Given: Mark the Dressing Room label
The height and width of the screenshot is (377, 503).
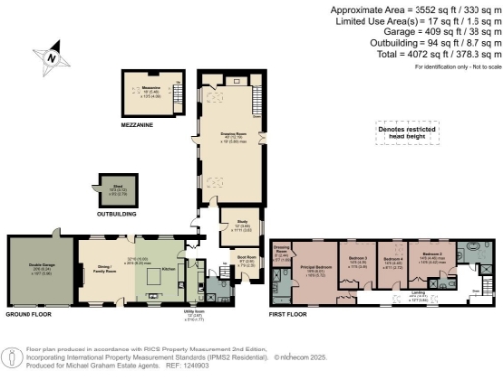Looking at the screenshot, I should click(280, 249).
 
